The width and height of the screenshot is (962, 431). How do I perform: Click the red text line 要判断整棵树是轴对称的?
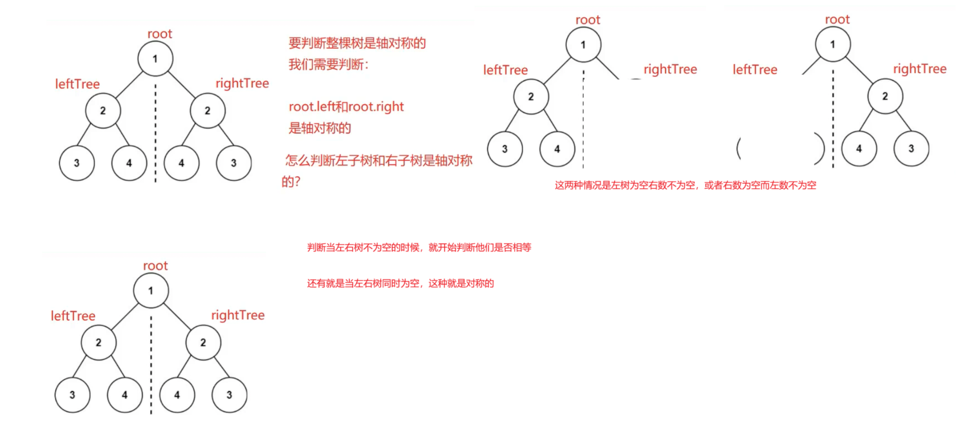tap(357, 43)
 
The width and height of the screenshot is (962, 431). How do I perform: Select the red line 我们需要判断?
tap(328, 65)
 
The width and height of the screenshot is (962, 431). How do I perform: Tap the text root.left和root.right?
tap(346, 107)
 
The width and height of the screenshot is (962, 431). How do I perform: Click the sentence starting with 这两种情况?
tap(685, 185)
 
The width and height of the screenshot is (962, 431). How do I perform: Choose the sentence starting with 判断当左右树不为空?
tap(419, 247)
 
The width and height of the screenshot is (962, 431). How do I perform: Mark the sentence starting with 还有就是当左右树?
tap(400, 283)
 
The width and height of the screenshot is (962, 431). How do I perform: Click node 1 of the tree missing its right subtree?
tap(583, 45)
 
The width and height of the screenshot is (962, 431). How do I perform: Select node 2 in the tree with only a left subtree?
tap(531, 97)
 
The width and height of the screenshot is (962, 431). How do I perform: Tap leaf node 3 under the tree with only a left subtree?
tap(505, 149)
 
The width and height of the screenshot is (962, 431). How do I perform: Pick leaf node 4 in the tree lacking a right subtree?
tap(557, 149)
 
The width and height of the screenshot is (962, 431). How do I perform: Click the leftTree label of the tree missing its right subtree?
tap(505, 70)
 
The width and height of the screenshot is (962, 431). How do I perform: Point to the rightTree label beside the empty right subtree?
tap(670, 69)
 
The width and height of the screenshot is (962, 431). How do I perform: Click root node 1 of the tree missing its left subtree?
tap(833, 44)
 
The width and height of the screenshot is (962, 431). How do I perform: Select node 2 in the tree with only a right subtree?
tap(885, 96)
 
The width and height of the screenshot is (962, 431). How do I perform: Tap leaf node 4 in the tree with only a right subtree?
tap(859, 148)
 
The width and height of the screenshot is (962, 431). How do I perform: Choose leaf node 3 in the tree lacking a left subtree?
tap(911, 148)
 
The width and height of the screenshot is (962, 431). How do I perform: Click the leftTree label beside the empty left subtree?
tap(755, 70)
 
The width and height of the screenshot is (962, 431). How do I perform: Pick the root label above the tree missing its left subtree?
tap(837, 20)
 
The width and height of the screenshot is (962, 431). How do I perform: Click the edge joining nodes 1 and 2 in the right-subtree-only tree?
tap(859, 70)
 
